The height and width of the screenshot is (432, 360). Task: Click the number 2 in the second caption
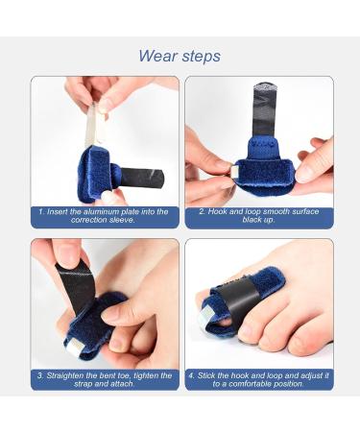[x=202, y=210]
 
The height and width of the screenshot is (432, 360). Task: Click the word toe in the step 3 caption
[x=132, y=375]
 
